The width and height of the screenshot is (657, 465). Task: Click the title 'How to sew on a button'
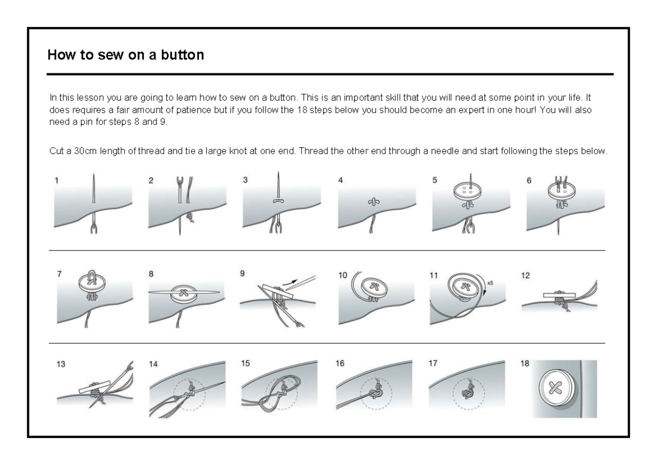pos(125,55)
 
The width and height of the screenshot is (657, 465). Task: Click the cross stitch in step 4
pos(373,202)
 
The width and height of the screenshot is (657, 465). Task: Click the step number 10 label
pos(342,275)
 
